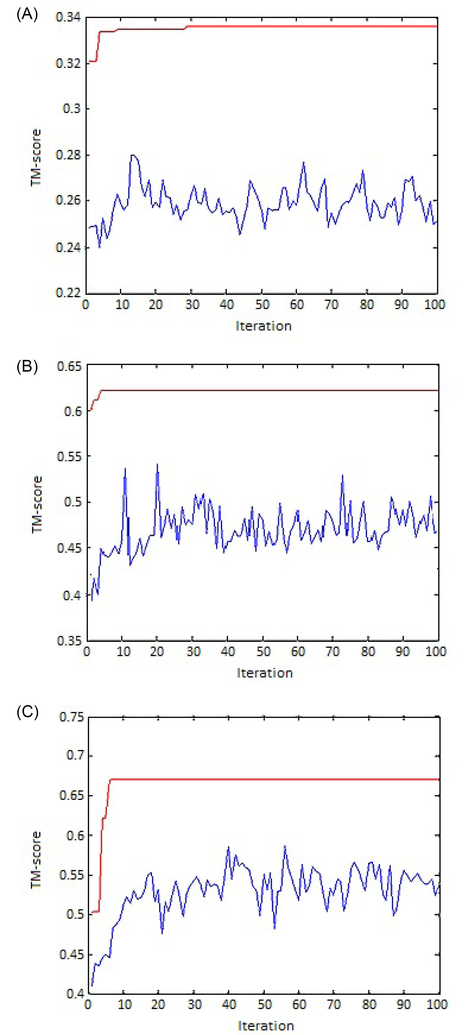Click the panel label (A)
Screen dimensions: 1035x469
click(x=27, y=15)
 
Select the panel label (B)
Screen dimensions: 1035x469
click(x=27, y=367)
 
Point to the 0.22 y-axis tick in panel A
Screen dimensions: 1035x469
click(x=68, y=292)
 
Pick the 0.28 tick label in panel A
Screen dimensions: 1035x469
click(x=68, y=155)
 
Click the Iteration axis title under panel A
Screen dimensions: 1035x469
click(x=263, y=326)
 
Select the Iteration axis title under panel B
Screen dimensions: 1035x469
click(x=265, y=673)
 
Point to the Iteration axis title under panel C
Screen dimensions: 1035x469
click(x=266, y=1026)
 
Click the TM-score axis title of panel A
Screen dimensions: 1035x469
click(x=36, y=157)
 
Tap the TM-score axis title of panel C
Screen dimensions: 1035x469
click(x=36, y=860)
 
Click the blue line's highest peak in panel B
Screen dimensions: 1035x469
click(x=157, y=464)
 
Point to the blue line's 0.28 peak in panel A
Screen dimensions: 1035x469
click(x=132, y=155)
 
